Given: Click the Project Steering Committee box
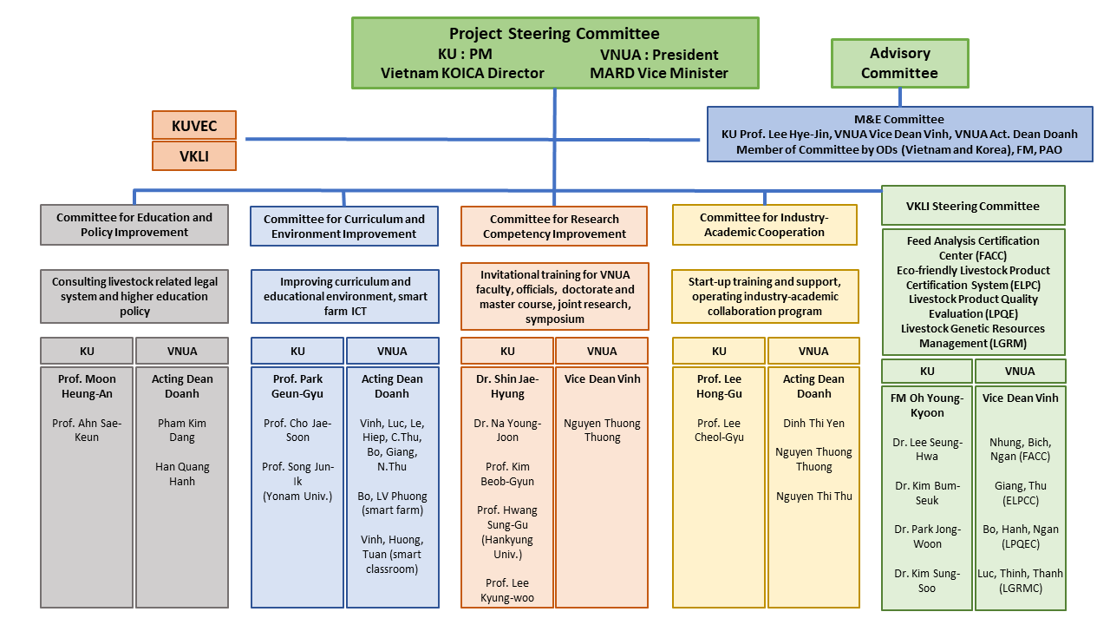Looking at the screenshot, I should click(x=555, y=53).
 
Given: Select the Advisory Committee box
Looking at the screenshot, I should click(x=899, y=63).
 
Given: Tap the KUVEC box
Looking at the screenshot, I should click(x=194, y=125).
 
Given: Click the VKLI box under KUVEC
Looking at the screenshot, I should click(x=194, y=156).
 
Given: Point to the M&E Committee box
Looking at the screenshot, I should click(x=899, y=134).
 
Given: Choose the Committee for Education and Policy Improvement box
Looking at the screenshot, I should click(x=134, y=225).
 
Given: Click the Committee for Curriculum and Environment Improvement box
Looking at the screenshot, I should click(x=344, y=226).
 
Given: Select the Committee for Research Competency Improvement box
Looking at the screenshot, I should click(x=554, y=226).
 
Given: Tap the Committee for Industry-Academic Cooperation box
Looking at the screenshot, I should click(x=764, y=225).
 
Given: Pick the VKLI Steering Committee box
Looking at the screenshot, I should click(x=973, y=206).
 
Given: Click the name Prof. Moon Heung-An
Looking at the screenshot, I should click(x=88, y=386).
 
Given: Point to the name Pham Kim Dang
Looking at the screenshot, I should click(x=182, y=431).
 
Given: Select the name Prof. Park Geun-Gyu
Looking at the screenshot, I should click(x=297, y=386).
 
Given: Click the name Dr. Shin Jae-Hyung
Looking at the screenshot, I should click(x=507, y=386).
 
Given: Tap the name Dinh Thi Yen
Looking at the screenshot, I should click(x=813, y=423).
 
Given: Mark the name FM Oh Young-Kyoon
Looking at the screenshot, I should click(x=927, y=405).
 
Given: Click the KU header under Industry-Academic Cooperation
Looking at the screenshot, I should click(x=719, y=351).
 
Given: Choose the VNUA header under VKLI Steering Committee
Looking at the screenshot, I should click(x=1020, y=371).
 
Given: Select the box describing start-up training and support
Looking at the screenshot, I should click(x=764, y=296).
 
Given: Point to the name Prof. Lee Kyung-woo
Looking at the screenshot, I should click(x=507, y=589).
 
